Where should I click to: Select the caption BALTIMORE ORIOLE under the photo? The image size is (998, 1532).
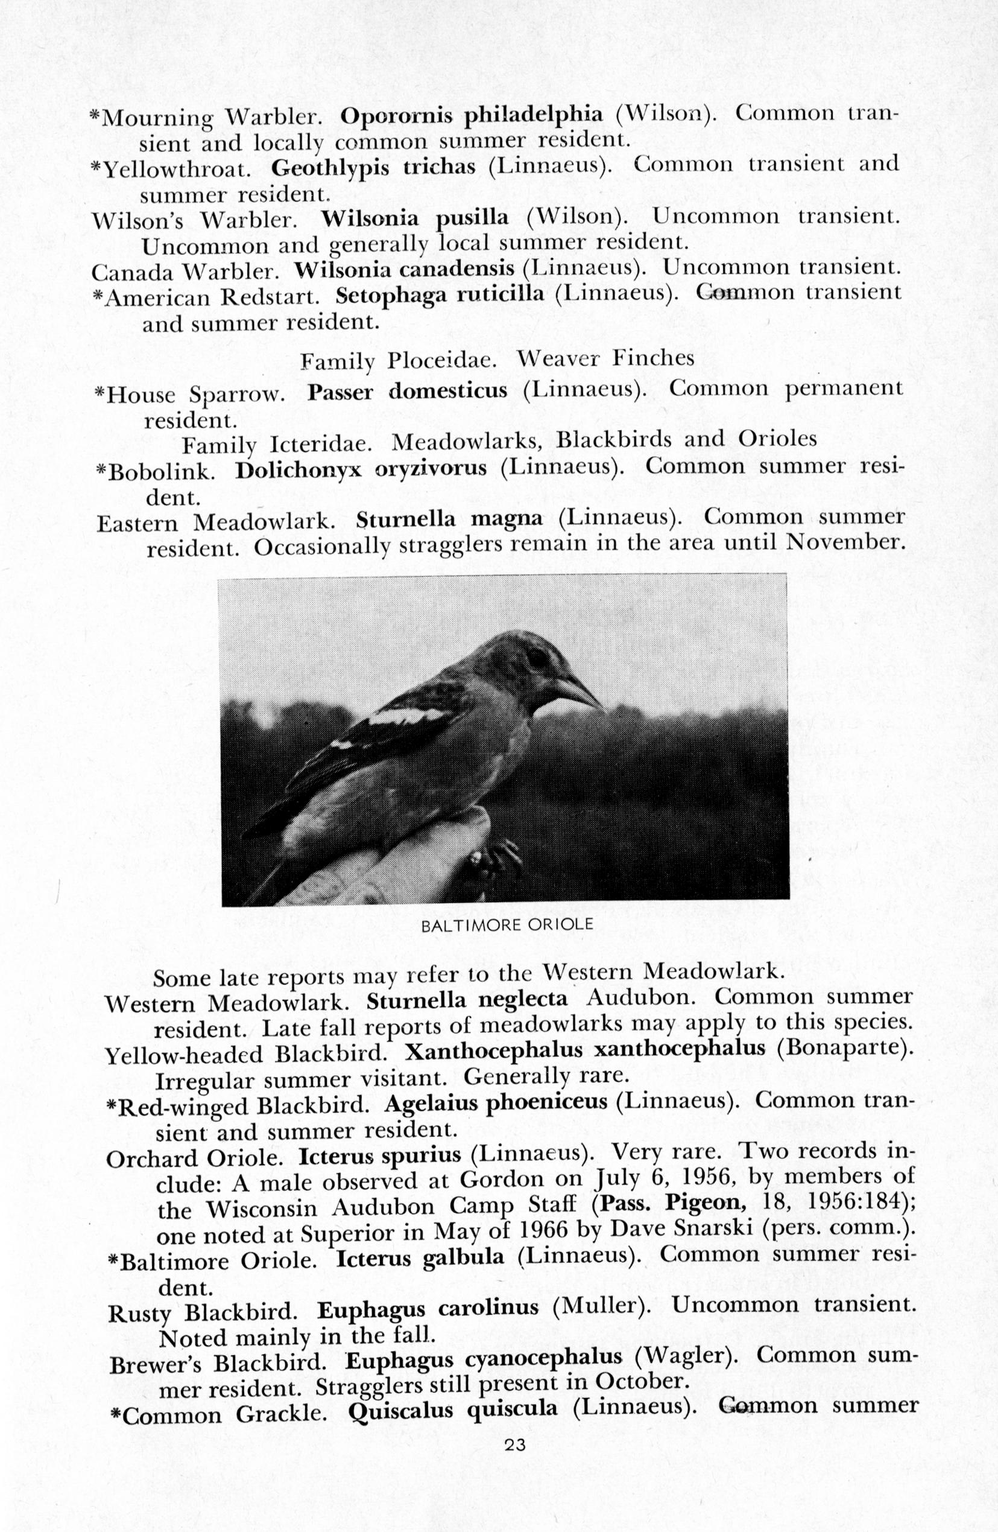coord(507,925)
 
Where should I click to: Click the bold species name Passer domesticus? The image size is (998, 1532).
coord(407,392)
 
